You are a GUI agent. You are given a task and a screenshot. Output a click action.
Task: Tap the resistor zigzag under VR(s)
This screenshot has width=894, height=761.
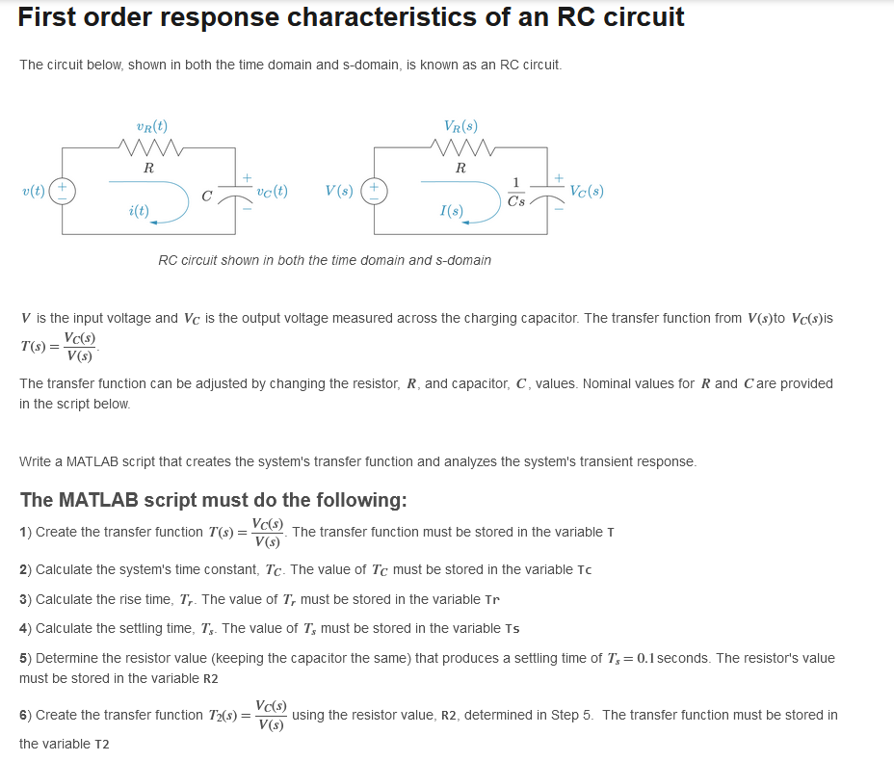point(463,147)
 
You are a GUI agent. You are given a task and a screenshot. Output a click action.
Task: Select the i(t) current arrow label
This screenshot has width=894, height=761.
point(139,210)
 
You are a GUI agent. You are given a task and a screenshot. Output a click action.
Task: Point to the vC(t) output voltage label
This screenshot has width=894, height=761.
point(272,191)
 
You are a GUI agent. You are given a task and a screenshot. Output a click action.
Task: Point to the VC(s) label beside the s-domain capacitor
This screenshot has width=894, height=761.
point(587,190)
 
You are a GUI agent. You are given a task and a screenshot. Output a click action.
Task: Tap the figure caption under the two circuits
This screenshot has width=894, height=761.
point(325,260)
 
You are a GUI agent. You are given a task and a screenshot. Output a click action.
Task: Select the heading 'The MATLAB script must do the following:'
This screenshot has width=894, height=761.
point(213,500)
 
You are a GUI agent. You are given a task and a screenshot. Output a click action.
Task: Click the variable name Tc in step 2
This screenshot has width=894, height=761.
point(583,569)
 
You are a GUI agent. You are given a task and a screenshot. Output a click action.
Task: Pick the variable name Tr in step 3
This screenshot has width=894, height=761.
point(492,599)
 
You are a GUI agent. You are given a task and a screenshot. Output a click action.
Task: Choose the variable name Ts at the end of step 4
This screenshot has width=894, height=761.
point(513,629)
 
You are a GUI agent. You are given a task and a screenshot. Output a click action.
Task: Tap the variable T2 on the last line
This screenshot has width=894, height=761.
point(101,745)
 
